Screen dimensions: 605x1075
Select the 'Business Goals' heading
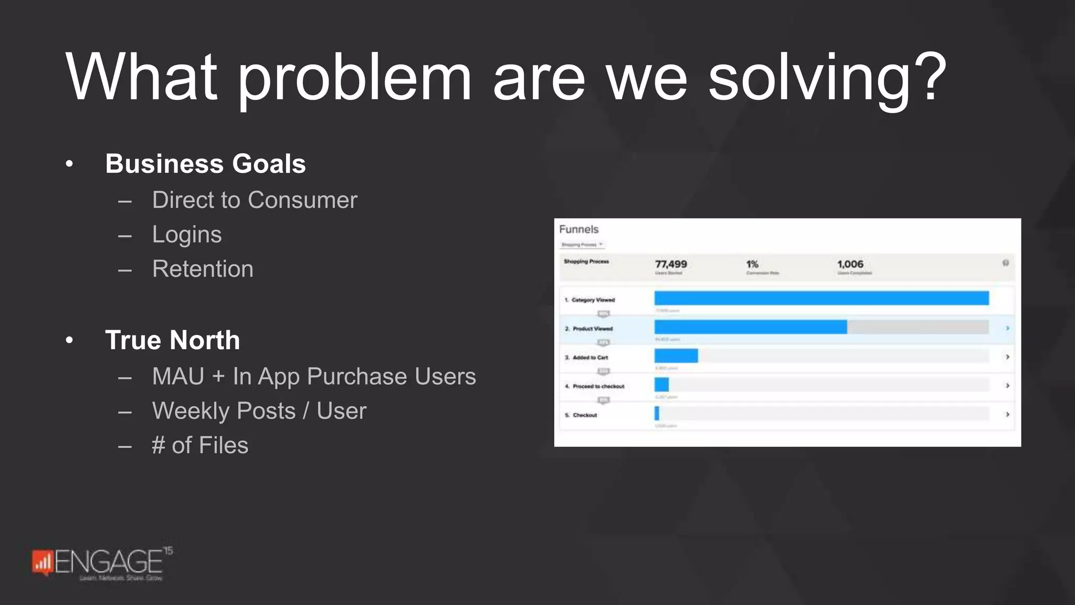tap(205, 164)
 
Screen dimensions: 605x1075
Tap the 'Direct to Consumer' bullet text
tap(255, 200)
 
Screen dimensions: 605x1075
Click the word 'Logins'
tap(187, 235)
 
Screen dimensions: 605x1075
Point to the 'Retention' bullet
tap(203, 269)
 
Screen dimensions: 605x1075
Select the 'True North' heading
tap(172, 340)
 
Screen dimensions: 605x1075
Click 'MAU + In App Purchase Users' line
tap(314, 377)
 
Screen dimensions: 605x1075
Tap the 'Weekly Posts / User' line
tap(259, 411)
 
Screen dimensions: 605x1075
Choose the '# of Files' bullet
tap(200, 445)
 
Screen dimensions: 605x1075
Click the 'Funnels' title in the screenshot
tap(578, 230)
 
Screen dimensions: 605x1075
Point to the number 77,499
tap(671, 264)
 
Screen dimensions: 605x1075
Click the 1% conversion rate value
tap(752, 264)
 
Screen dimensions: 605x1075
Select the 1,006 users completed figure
tap(850, 264)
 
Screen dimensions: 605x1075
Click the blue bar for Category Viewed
tap(821, 298)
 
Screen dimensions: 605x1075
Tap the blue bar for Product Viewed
tap(751, 327)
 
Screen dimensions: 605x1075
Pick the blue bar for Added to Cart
tap(676, 356)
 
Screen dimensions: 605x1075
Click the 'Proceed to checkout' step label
tap(598, 387)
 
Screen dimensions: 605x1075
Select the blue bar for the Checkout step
tap(657, 414)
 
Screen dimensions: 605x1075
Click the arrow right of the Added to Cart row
tap(1007, 357)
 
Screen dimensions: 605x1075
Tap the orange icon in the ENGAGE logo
tap(43, 562)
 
